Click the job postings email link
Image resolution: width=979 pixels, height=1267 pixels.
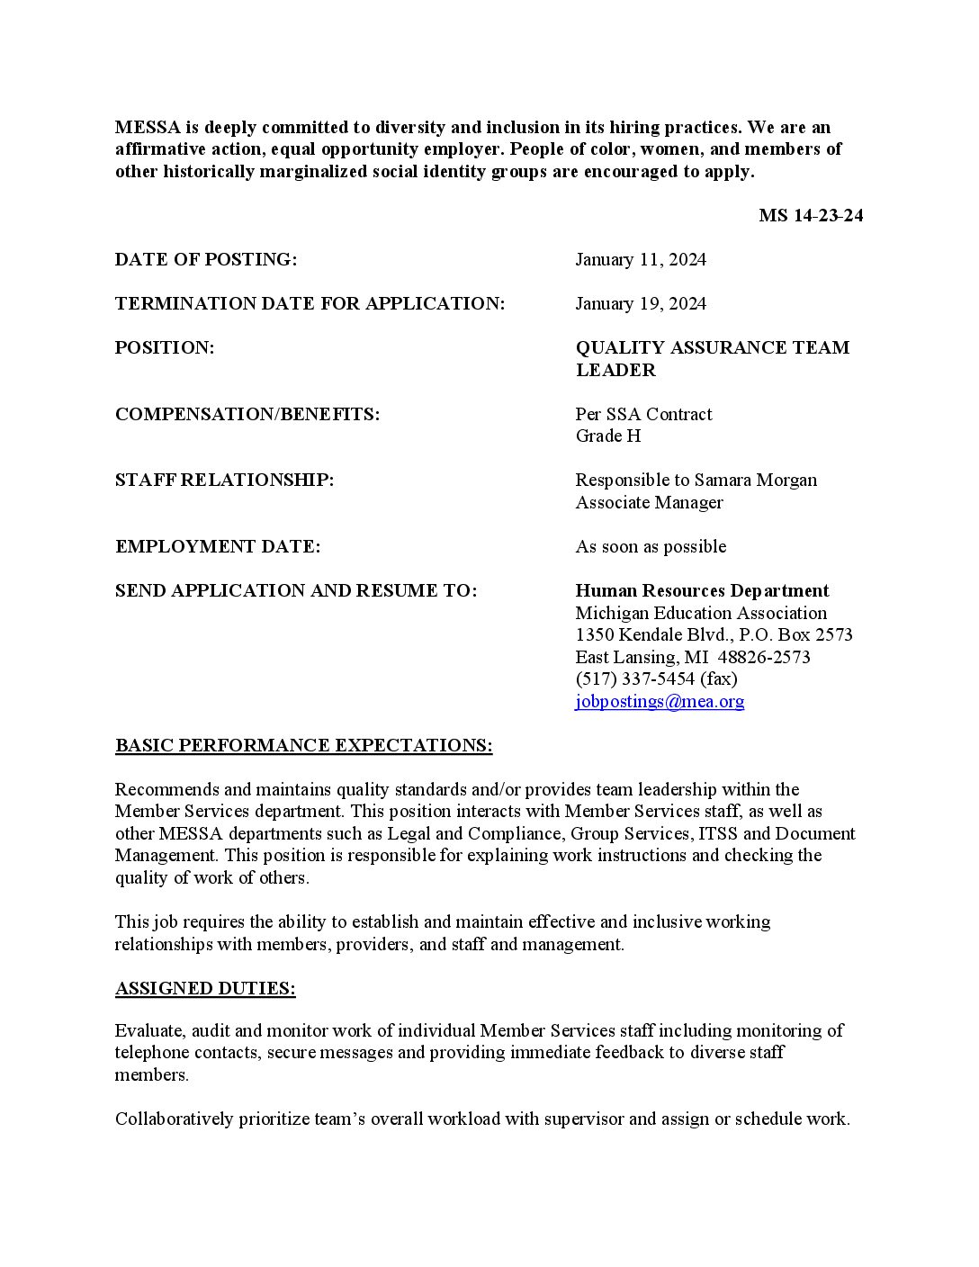tap(660, 702)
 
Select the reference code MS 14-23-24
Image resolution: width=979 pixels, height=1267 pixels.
tap(811, 216)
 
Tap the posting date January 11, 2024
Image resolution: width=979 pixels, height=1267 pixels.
tap(641, 260)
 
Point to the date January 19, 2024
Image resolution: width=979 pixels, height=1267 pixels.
tap(641, 304)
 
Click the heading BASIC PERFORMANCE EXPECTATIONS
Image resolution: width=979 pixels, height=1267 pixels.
tap(303, 746)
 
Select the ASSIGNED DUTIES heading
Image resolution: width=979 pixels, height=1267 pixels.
tap(205, 989)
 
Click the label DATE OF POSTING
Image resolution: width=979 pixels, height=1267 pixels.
tap(206, 260)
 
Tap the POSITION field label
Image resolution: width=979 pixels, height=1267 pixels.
tap(165, 348)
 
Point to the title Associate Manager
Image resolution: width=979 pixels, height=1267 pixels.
tap(649, 503)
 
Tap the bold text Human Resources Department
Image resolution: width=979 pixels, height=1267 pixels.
tap(702, 591)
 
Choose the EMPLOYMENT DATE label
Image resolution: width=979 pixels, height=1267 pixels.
tap(218, 547)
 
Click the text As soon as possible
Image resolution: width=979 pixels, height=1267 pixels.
tap(651, 547)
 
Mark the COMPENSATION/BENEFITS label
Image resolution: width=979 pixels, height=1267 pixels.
tap(247, 415)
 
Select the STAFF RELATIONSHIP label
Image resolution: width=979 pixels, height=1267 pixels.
tap(224, 481)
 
